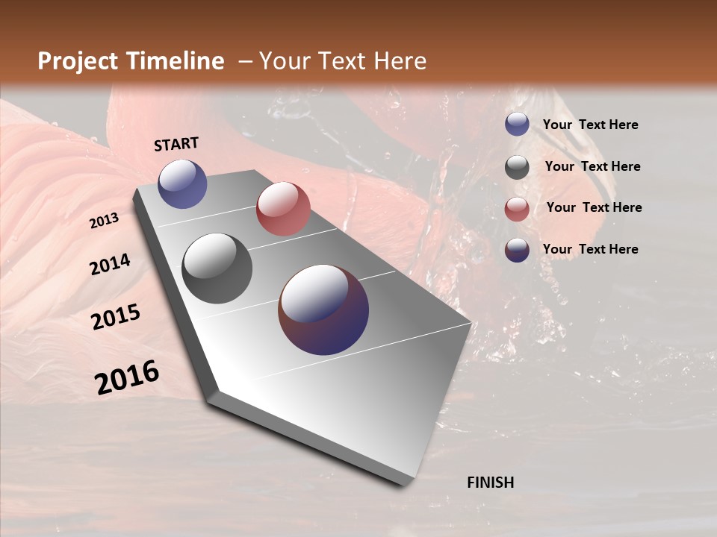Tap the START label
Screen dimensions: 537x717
tap(176, 144)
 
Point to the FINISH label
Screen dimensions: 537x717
tap(490, 483)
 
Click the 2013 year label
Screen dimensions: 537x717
tap(104, 221)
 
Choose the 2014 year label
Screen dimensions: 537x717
tap(110, 264)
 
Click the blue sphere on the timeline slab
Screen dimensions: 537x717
tap(182, 183)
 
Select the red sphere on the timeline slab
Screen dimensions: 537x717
tap(283, 209)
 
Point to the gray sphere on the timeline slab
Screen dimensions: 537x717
tap(217, 268)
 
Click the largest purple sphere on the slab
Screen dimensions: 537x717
tap(323, 310)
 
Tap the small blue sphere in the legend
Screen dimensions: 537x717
tap(517, 124)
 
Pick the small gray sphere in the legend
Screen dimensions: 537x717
tap(517, 166)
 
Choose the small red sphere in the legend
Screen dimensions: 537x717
tap(517, 209)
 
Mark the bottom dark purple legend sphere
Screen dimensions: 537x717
tap(517, 250)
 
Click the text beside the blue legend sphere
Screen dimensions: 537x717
tap(590, 125)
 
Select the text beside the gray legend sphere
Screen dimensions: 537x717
tap(592, 166)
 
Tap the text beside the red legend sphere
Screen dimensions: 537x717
tap(594, 207)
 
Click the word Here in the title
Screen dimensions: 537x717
tap(400, 61)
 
